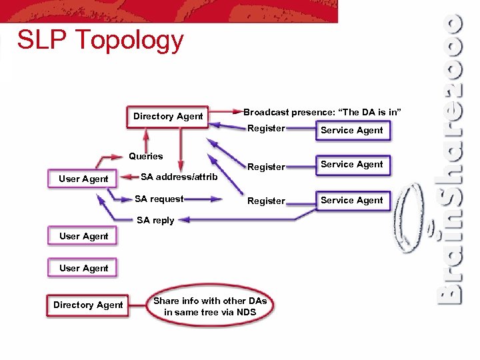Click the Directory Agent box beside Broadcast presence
tap(168, 116)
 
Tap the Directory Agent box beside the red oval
tap(88, 305)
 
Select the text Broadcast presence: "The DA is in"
tap(322, 112)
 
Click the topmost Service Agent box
tap(351, 130)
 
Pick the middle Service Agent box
tap(351, 164)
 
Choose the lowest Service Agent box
tap(351, 200)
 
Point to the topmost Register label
tap(266, 129)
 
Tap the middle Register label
tap(266, 167)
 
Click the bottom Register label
tap(266, 201)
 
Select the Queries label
tap(145, 156)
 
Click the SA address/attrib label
tap(179, 177)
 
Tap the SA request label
tap(159, 199)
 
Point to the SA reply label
tap(155, 221)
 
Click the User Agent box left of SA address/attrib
tap(83, 179)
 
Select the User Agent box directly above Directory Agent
tap(83, 268)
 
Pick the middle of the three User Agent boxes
tap(83, 236)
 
